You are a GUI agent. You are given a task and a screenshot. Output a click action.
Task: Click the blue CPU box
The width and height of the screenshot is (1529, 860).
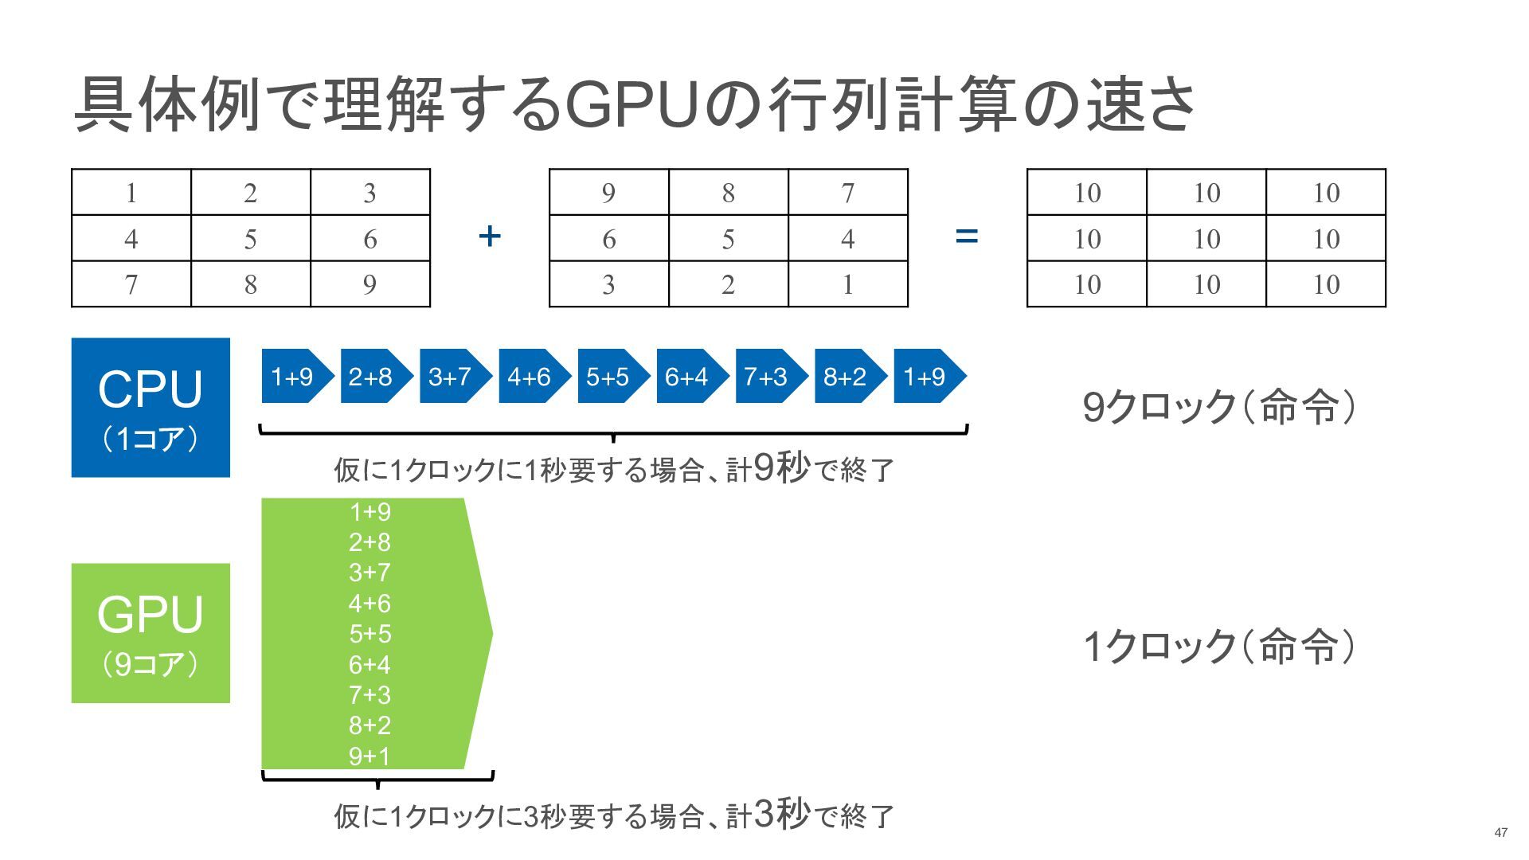pos(151,407)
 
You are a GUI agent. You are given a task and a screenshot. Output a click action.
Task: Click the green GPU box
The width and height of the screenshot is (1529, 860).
pos(151,633)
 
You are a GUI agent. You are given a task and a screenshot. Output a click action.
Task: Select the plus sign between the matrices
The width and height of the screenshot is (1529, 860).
pos(490,236)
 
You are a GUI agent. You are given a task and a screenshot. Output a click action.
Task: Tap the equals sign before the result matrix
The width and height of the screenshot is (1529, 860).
pos(966,236)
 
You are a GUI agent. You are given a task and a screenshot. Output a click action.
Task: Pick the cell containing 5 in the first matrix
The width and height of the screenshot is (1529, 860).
pos(250,238)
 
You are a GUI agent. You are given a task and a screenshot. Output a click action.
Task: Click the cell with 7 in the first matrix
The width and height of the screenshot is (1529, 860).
pos(131,284)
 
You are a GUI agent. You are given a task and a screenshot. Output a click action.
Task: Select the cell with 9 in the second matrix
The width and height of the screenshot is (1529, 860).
pos(608,192)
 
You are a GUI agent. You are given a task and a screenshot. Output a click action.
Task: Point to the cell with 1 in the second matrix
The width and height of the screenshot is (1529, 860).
pos(847,284)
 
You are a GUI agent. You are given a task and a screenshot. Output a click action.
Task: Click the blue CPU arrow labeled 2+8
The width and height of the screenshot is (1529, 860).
pos(372,376)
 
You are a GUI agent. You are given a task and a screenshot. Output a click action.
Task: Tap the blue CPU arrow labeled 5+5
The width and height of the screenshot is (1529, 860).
pos(609,376)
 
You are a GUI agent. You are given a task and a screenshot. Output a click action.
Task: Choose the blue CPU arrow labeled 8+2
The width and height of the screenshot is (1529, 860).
pos(847,376)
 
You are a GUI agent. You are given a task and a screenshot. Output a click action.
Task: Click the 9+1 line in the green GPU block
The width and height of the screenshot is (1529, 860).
pos(370,756)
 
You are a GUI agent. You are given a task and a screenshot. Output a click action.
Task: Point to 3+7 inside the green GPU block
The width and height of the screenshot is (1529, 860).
pos(370,572)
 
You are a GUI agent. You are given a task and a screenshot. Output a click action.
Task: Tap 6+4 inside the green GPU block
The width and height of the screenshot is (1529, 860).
pos(370,664)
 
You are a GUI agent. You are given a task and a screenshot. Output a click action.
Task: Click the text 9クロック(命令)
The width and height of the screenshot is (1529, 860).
pos(1218,407)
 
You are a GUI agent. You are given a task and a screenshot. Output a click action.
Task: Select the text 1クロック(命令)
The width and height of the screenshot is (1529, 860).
pos(1218,646)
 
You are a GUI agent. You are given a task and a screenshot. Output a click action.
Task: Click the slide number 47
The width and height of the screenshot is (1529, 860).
pos(1500,832)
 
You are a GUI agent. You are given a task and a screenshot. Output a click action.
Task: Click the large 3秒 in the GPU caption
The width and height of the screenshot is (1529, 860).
pos(780,813)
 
